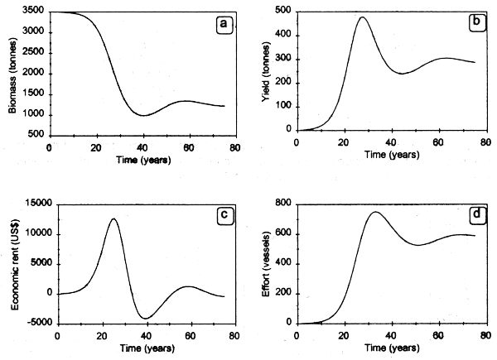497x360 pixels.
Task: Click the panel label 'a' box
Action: point(223,24)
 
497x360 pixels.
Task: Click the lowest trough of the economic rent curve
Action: point(146,318)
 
